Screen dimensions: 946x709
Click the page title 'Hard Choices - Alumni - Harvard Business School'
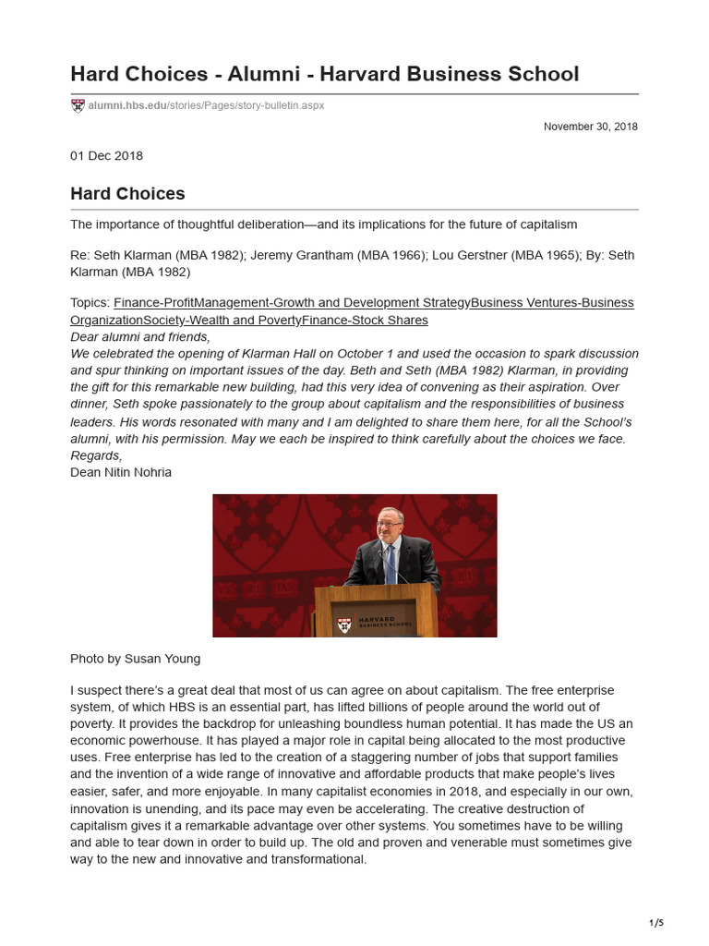pyautogui.click(x=324, y=74)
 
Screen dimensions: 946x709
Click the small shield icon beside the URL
pyautogui.click(x=78, y=105)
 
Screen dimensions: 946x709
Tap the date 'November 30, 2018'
pyautogui.click(x=591, y=127)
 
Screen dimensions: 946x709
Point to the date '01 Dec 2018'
pyautogui.click(x=106, y=155)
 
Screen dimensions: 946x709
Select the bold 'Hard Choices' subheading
pyautogui.click(x=127, y=194)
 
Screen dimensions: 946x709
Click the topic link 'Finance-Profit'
pyautogui.click(x=153, y=303)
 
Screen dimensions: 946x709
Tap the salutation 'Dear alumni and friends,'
pyautogui.click(x=139, y=337)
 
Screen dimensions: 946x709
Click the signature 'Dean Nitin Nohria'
pyautogui.click(x=120, y=472)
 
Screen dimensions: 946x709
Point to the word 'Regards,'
pyautogui.click(x=96, y=455)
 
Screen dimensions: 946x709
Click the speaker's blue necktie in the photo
pyautogui.click(x=390, y=563)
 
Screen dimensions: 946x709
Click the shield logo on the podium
pyautogui.click(x=343, y=625)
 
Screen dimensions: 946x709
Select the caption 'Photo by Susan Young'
pyautogui.click(x=135, y=659)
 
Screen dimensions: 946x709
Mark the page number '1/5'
pyautogui.click(x=656, y=922)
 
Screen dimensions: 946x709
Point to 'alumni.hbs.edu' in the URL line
pyautogui.click(x=127, y=105)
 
